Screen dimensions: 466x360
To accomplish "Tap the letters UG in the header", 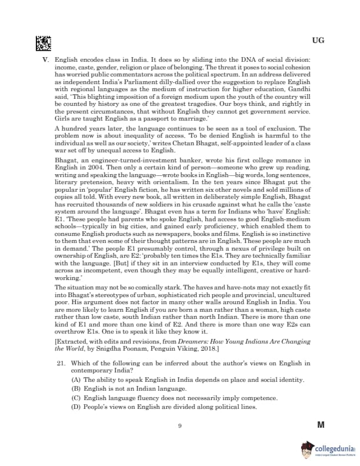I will (318, 41).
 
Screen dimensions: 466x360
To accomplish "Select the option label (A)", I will (76, 381).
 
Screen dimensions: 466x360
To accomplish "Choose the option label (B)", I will (76, 390).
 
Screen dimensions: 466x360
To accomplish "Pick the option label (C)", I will (76, 398).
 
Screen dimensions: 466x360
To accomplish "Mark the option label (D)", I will (76, 407).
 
